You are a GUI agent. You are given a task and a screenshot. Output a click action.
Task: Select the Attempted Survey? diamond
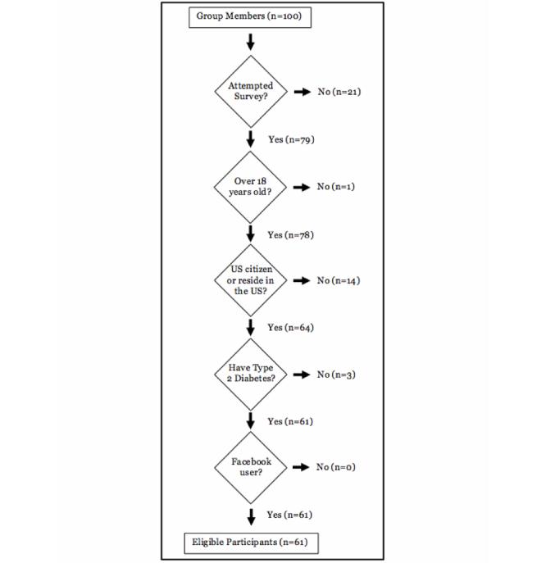[x=251, y=92]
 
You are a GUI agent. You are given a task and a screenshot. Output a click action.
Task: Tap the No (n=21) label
[x=338, y=92]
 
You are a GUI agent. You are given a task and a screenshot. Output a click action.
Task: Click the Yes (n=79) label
[x=292, y=140]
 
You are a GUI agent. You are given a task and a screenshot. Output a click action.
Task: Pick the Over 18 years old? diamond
[x=251, y=186]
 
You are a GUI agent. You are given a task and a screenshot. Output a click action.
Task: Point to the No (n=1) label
[x=335, y=187]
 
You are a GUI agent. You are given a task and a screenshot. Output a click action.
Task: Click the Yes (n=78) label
[x=292, y=235]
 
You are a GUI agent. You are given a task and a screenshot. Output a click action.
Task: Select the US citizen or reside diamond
[x=251, y=280]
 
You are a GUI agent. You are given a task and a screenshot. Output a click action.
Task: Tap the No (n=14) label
[x=338, y=281]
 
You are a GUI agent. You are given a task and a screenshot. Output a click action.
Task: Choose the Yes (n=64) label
[x=292, y=328]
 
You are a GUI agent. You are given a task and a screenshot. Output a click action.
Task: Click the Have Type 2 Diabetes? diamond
[x=251, y=374]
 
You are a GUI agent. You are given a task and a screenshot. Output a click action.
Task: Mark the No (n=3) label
[x=335, y=375]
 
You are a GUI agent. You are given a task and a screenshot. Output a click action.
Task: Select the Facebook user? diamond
[x=251, y=467]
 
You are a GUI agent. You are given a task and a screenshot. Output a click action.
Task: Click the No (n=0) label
[x=335, y=468]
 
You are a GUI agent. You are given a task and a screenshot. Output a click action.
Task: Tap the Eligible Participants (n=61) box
[x=249, y=542]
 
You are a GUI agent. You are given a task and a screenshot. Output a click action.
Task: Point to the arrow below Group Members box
[x=251, y=41]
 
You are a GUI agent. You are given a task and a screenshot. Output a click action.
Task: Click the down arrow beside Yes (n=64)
[x=251, y=328]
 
